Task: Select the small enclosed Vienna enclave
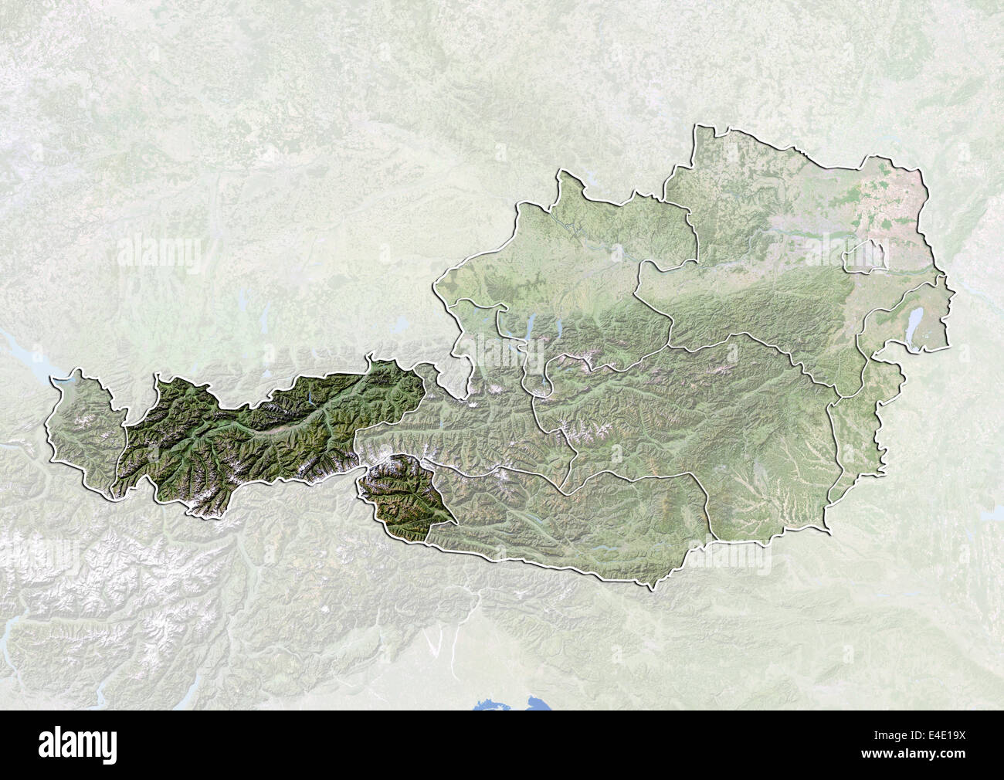point(866,257)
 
